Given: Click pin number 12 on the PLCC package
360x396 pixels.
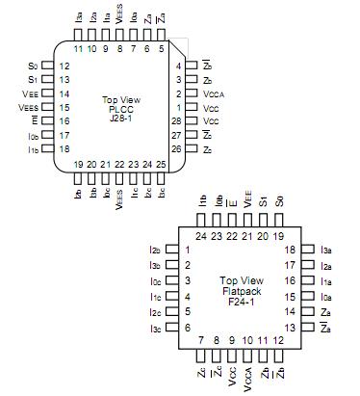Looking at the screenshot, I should pos(64,66).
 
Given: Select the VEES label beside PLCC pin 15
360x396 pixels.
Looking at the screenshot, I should pos(29,108).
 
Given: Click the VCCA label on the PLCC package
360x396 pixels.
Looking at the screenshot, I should pos(213,93).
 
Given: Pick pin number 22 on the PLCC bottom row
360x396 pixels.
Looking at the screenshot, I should pos(119,165).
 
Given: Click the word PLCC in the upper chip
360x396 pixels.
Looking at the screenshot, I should pos(119,110).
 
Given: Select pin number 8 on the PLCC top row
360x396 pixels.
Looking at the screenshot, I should pos(119,47).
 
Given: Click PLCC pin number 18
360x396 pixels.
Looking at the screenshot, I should pos(64,149).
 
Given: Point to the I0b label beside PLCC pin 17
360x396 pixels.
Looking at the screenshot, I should pos(33,136).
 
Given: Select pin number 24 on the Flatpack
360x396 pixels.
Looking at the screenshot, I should pos(201,234).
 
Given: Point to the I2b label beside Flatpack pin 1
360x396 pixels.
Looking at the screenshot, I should pos(154,251).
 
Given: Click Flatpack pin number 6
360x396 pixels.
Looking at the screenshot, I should pos(186,328).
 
